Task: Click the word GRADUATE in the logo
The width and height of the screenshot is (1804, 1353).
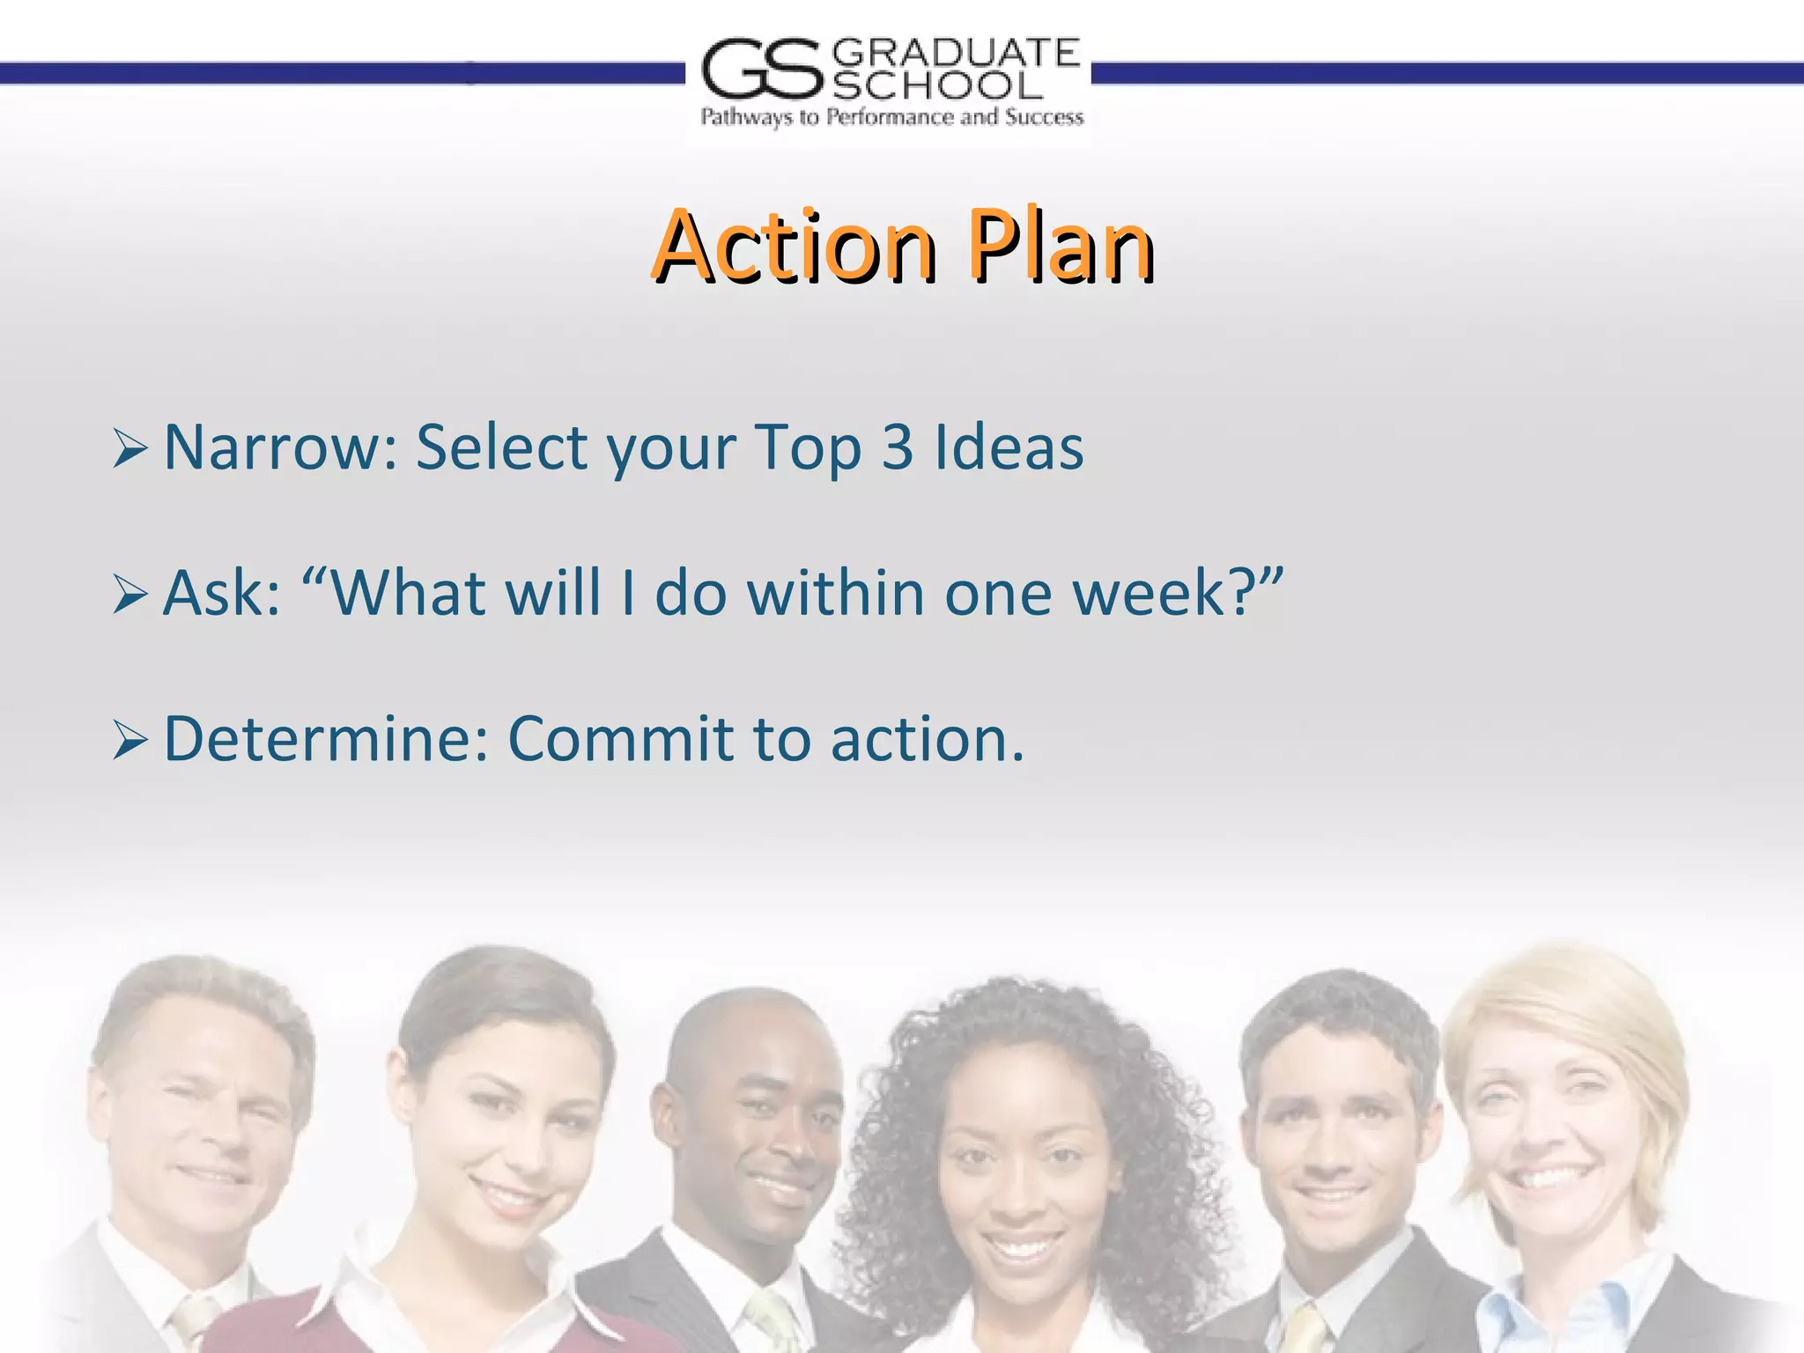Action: point(955,53)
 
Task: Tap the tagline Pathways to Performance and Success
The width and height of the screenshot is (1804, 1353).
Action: point(891,117)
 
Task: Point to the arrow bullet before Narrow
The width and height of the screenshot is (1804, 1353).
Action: point(129,450)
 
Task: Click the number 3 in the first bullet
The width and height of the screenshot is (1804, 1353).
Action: point(898,447)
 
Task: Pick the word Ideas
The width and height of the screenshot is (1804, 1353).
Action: point(1009,447)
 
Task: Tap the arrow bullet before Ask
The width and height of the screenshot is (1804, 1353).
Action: point(129,595)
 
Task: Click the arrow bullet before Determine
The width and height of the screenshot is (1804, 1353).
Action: point(129,741)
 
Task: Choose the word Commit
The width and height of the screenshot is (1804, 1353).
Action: point(619,738)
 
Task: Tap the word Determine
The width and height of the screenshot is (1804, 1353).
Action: point(326,738)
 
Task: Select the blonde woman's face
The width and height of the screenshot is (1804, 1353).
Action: point(1550,1136)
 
